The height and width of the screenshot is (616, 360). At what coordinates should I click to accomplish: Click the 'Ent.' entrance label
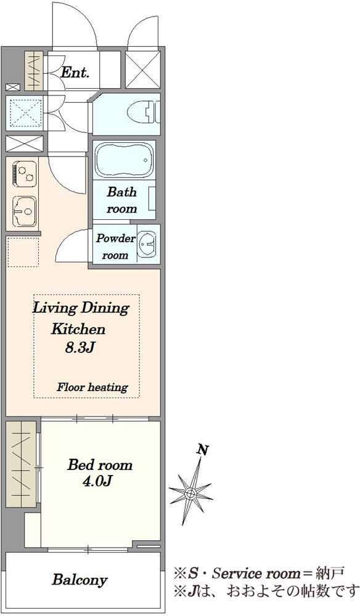75,72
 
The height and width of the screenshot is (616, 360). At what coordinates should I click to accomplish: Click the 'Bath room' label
122,200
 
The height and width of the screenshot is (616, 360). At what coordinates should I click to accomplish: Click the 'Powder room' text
115,246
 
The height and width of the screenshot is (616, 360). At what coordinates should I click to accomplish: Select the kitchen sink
25,211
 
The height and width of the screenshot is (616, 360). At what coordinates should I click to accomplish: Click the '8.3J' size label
80,347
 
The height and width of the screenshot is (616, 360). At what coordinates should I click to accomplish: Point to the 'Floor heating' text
92,387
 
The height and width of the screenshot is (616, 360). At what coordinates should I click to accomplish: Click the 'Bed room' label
100,465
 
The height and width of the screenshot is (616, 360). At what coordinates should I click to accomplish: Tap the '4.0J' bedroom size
97,481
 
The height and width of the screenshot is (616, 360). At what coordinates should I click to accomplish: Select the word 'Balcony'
80,580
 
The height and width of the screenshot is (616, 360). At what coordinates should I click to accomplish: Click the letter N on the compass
202,450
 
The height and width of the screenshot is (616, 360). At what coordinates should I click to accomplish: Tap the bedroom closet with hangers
21,464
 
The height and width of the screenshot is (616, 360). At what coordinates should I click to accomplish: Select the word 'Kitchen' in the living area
78,328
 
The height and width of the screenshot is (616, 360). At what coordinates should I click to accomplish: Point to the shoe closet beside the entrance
33,70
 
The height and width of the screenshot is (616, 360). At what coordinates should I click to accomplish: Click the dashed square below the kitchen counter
23,252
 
